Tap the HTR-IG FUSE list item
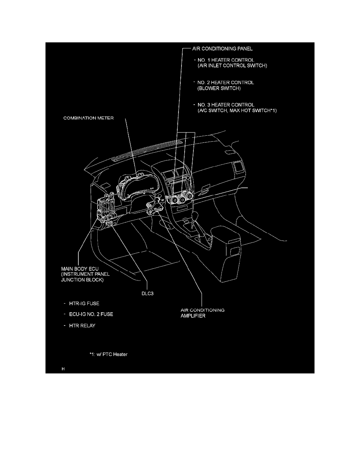tap(85, 304)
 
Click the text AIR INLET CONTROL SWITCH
tap(232, 66)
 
